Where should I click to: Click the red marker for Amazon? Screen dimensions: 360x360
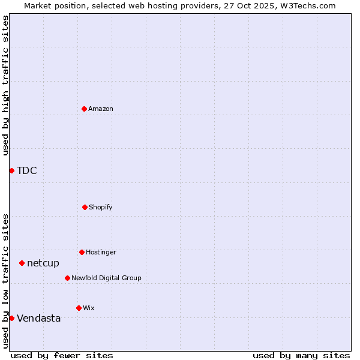click(x=84, y=109)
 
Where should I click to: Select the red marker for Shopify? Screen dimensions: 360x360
click(x=85, y=207)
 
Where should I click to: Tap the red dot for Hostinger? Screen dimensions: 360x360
click(x=82, y=252)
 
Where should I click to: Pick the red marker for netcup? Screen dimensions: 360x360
click(x=22, y=263)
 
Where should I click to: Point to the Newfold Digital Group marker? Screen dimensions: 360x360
click(x=67, y=278)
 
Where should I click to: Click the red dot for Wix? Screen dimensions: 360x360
click(x=79, y=308)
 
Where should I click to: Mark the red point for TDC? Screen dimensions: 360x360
click(x=11, y=170)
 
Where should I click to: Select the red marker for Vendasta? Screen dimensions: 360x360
click(x=11, y=318)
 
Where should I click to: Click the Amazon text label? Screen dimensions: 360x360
click(x=101, y=109)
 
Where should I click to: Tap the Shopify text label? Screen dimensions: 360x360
click(x=101, y=208)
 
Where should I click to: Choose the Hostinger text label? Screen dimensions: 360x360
click(x=101, y=253)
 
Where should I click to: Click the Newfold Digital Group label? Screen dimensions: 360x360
click(x=106, y=278)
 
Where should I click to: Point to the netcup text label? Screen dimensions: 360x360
click(x=43, y=263)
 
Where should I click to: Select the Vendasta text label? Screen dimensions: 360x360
click(x=38, y=318)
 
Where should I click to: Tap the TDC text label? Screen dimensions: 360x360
click(x=27, y=170)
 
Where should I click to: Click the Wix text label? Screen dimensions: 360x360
click(x=89, y=308)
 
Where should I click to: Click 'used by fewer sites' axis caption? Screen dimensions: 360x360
click(x=62, y=355)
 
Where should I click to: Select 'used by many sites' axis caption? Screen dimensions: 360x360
click(x=301, y=355)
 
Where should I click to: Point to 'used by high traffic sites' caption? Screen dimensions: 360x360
click(x=5, y=85)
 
